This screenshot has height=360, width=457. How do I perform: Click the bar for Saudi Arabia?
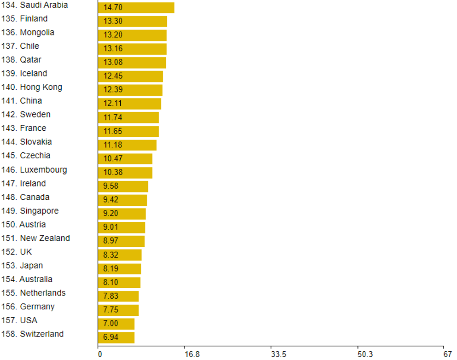coord(136,8)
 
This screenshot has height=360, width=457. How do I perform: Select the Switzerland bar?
coord(116,337)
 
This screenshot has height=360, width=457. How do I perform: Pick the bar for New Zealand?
coord(121,241)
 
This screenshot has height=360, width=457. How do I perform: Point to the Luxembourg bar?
coord(125,173)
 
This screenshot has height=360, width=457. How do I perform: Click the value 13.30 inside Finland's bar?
coord(113,22)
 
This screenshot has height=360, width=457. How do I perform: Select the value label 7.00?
coord(111,324)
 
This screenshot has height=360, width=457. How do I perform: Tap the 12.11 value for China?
coord(113,104)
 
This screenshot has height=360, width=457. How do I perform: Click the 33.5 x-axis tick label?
coord(279,354)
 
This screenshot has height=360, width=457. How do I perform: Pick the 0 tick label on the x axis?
coord(100,354)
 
